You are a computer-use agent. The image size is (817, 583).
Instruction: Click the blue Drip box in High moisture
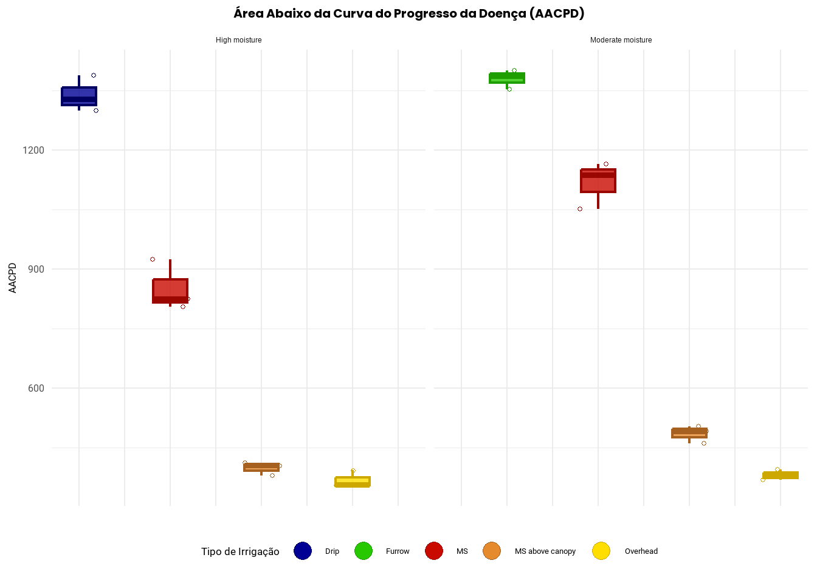(x=79, y=96)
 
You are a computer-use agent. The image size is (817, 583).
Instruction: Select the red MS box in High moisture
(x=170, y=290)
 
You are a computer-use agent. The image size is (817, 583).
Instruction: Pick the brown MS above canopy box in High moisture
(x=261, y=467)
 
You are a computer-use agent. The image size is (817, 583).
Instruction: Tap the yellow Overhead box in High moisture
(x=353, y=482)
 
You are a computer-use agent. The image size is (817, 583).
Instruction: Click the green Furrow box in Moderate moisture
(x=507, y=78)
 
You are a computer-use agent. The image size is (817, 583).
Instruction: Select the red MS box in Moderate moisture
(x=598, y=180)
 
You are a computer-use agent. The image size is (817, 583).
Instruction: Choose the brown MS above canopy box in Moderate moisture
(x=689, y=433)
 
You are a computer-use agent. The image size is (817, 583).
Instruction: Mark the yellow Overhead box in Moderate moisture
(x=781, y=475)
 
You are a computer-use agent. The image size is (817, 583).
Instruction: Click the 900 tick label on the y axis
(x=36, y=269)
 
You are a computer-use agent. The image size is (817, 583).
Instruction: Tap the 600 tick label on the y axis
(x=36, y=388)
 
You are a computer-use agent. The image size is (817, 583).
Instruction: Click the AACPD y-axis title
(x=13, y=278)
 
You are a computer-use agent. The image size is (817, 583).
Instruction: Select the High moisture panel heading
(x=238, y=40)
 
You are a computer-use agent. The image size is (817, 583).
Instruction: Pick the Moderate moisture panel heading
(x=621, y=40)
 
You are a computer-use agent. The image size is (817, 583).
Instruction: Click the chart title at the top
(x=408, y=13)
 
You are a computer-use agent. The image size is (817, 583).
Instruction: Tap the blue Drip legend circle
(x=303, y=551)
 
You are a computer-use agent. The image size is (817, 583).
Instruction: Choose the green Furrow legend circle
(x=364, y=551)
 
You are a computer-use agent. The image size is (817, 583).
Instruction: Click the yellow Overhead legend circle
(x=601, y=551)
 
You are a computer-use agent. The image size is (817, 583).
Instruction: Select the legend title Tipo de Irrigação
(x=240, y=551)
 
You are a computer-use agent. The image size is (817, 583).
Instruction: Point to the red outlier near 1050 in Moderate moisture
(x=580, y=209)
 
